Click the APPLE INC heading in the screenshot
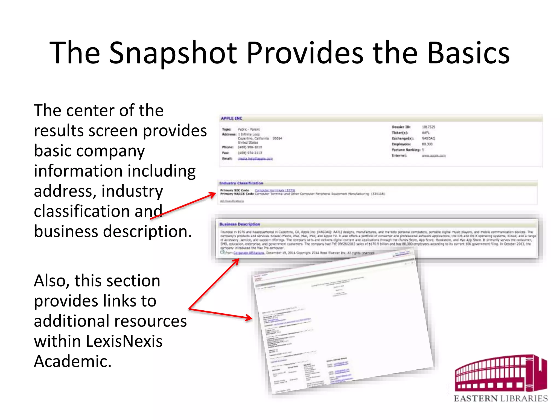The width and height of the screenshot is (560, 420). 232,118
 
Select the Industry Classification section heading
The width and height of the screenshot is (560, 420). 241,183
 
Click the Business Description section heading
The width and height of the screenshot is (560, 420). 240,224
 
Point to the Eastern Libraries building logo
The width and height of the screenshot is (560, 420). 500,373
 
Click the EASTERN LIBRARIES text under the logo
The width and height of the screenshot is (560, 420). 501,399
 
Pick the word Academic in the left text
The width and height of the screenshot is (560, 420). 72,361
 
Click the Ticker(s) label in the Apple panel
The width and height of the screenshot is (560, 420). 399,133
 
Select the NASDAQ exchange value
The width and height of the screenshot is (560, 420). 428,138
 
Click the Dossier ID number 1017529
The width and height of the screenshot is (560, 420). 428,127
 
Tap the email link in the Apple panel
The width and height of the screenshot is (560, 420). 255,159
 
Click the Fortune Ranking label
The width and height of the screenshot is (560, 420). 406,150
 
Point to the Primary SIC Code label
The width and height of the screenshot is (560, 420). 235,190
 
